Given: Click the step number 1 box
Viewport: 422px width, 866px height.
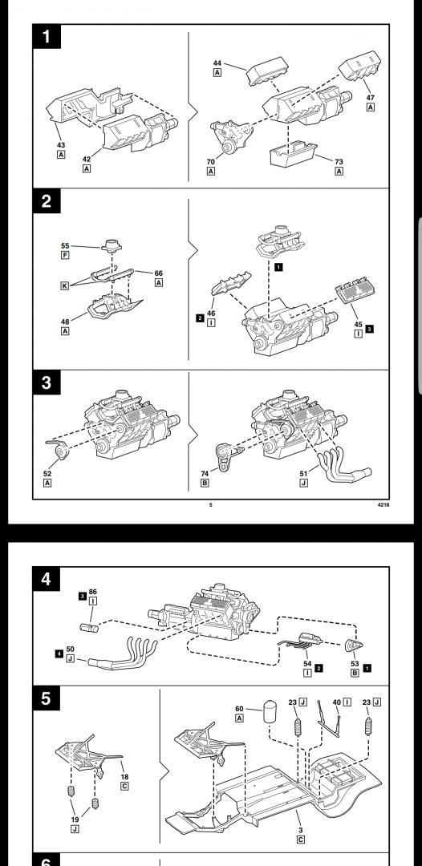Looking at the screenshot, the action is click(47, 36).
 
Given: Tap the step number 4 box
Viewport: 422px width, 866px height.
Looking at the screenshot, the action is click(47, 579).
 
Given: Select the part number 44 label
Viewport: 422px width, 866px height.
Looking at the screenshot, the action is click(217, 63).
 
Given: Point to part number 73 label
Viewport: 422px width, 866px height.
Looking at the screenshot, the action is click(339, 162).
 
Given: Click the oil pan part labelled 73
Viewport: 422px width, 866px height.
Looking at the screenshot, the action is click(294, 153).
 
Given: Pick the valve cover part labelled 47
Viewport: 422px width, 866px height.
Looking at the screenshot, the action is click(360, 66).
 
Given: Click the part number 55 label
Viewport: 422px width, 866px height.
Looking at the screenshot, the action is click(65, 246).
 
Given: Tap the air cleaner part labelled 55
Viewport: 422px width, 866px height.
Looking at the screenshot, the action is click(111, 245).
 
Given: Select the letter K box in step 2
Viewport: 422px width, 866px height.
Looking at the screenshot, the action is click(65, 285).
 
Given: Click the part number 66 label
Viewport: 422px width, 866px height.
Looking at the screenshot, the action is click(159, 273).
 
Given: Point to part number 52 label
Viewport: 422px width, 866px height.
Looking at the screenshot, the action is click(47, 473).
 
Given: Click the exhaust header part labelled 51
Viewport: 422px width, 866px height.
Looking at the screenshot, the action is click(344, 466).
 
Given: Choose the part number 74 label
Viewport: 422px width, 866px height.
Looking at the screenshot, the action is click(205, 473).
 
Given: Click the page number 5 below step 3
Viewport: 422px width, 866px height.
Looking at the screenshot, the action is click(210, 504).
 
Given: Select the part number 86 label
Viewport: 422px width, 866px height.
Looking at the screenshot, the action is click(93, 592).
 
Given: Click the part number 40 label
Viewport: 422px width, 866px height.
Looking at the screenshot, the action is click(336, 702).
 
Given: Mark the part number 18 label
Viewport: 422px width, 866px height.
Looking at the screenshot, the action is click(124, 776).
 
